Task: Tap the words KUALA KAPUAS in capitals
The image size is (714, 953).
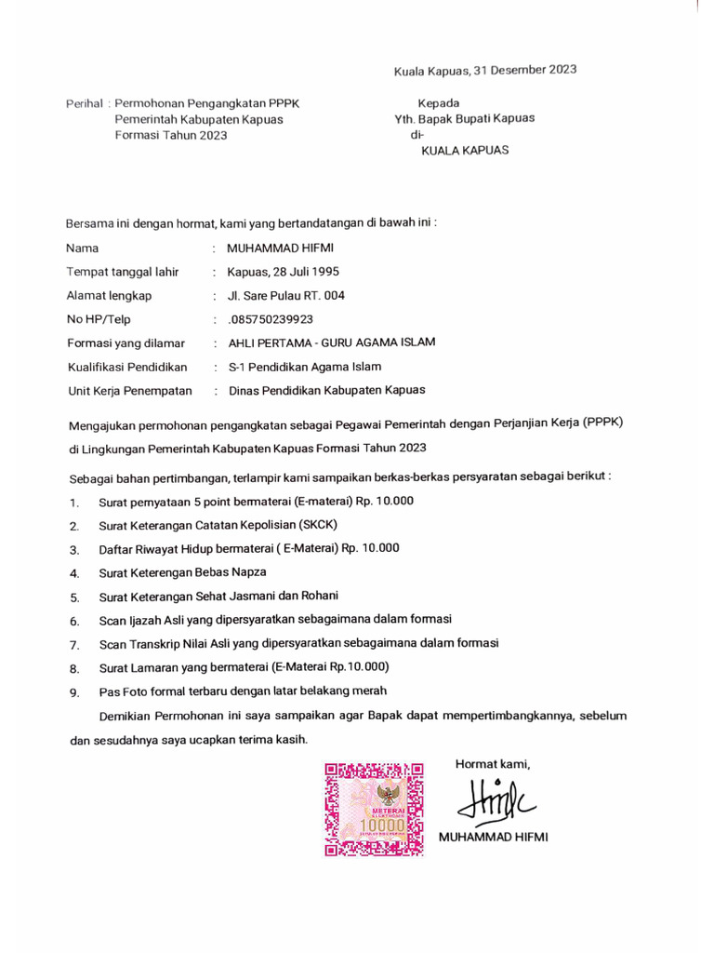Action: (465, 150)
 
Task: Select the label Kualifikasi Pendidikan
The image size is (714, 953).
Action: (126, 367)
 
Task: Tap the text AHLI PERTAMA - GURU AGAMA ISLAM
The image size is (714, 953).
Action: (331, 342)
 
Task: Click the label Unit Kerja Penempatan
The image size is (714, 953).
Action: (129, 391)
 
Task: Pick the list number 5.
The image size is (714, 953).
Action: (74, 597)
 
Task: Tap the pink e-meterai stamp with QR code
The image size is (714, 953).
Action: (374, 808)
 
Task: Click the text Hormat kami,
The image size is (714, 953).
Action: (492, 764)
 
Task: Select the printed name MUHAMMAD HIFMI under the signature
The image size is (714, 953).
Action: (493, 837)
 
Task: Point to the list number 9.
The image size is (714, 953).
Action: (74, 692)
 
